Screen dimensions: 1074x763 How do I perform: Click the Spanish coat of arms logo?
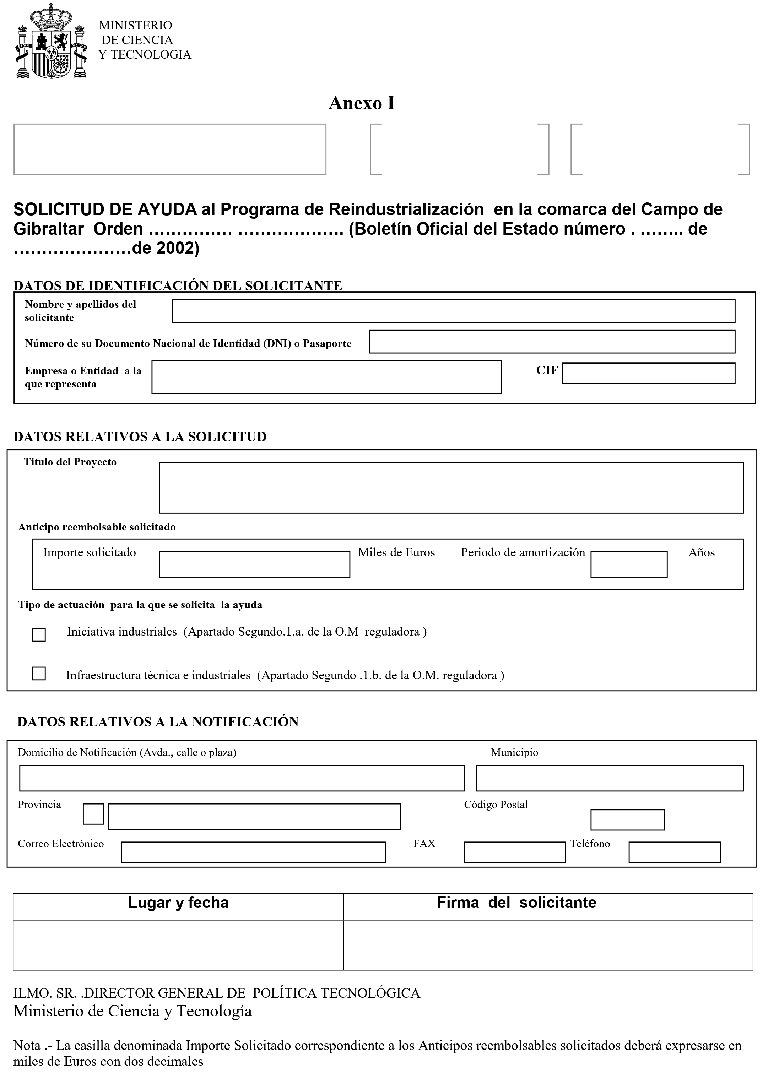[x=51, y=41]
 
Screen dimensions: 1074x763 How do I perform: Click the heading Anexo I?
[x=361, y=103]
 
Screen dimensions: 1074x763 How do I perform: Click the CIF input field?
[x=648, y=374]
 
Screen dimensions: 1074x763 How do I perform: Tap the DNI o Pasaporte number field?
[x=552, y=342]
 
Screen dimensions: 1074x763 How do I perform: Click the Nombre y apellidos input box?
[x=453, y=311]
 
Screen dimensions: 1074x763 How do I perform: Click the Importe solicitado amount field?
[x=254, y=564]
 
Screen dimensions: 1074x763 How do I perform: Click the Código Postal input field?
[x=627, y=819]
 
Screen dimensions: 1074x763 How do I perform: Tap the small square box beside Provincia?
[x=93, y=814]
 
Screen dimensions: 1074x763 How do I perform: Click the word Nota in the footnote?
[x=27, y=1045]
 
